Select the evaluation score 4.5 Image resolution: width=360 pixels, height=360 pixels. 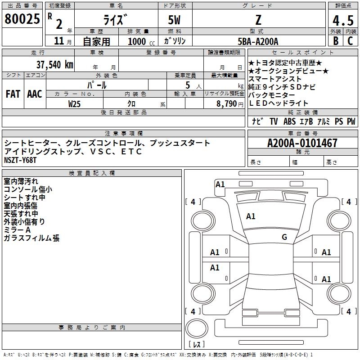342,21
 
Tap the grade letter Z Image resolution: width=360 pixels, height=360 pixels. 258,20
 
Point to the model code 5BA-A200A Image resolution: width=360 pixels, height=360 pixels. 258,41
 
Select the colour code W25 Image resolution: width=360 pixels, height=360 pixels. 74,103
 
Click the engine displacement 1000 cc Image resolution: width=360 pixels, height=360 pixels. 140,41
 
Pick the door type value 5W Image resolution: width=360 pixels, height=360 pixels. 175,20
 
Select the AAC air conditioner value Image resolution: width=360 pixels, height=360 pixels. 35,94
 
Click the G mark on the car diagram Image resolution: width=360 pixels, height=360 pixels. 284,237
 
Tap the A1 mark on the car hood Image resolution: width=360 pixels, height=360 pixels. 251,216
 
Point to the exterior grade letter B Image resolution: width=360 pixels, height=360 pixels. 335,41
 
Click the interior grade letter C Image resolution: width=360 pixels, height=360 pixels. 350,41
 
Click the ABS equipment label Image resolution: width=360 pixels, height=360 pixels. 289,121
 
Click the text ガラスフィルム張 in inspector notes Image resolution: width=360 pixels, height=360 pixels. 31,238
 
